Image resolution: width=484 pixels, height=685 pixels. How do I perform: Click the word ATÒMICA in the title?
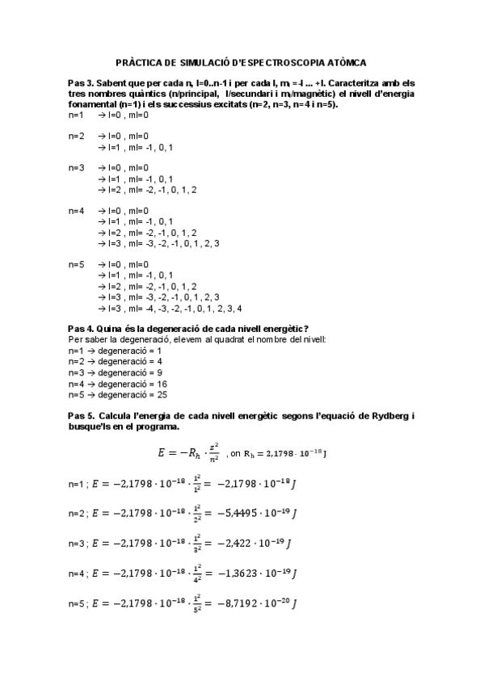pos(343,62)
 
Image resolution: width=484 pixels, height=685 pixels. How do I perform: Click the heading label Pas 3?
pos(81,83)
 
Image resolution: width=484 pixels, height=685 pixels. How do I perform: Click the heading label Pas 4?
pos(81,329)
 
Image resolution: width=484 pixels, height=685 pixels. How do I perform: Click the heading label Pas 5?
pos(81,414)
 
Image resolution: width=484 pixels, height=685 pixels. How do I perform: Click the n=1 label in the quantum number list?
pos(77,115)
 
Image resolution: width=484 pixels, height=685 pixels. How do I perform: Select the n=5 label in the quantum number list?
pos(77,264)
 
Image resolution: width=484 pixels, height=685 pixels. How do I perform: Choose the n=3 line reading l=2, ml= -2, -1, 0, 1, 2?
pos(146,190)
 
